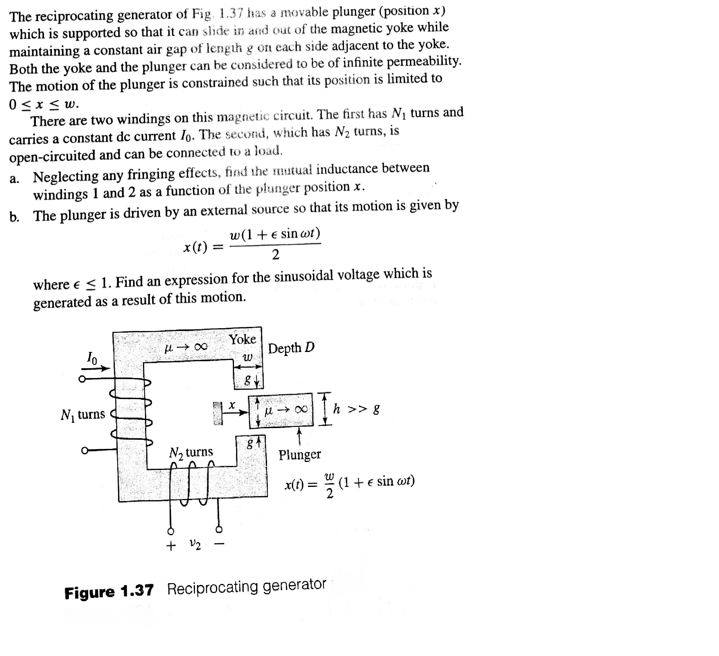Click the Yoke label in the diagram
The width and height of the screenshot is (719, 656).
(242, 339)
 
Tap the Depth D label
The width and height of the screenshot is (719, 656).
(291, 348)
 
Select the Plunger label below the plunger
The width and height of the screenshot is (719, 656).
(300, 455)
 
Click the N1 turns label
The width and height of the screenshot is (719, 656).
(83, 414)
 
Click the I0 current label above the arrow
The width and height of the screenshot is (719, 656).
(92, 357)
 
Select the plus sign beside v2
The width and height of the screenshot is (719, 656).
(171, 546)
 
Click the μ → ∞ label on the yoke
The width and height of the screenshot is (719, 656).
(186, 346)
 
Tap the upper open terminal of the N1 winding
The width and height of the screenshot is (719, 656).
(82, 379)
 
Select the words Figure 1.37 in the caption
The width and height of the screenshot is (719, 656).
(109, 592)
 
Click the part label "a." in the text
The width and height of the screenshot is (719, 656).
(15, 179)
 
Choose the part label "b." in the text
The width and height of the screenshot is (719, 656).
(15, 217)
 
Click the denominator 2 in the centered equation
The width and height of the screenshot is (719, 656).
(275, 255)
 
